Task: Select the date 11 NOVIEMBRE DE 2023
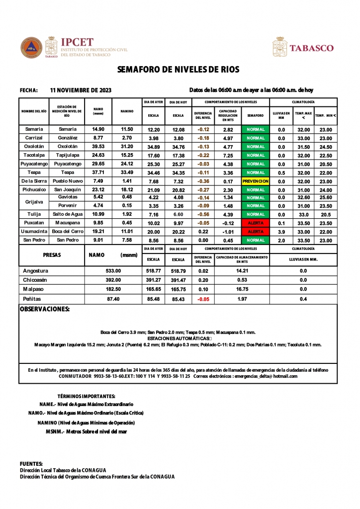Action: (x=81, y=90)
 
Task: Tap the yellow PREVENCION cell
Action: (x=256, y=181)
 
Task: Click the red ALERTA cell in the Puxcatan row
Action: (x=256, y=223)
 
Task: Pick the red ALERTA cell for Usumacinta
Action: (x=256, y=232)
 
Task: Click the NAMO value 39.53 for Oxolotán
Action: (x=98, y=147)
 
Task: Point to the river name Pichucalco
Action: (x=34, y=190)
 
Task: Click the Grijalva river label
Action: (x=34, y=202)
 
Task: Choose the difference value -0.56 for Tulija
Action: (x=203, y=214)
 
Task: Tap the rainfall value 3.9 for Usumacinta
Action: (x=281, y=232)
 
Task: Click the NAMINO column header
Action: (x=127, y=111)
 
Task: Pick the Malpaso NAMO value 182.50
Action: (x=113, y=289)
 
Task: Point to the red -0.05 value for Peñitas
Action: (x=203, y=299)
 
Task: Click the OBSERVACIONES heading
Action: (x=44, y=309)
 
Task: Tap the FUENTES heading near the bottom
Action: (x=31, y=463)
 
